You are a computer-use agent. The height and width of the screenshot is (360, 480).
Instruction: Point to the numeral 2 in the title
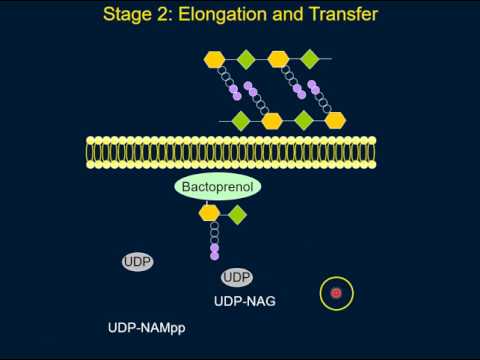[x=170, y=15]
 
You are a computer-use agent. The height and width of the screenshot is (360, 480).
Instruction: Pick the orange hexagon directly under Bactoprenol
[x=209, y=213]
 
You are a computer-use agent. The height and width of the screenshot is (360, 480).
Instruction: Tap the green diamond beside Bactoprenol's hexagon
[x=237, y=213]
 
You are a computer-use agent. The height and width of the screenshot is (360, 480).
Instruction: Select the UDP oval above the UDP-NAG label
[x=237, y=277]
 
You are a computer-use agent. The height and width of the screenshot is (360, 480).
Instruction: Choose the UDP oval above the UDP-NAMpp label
[x=138, y=262]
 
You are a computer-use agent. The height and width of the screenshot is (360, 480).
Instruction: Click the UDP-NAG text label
[x=245, y=300]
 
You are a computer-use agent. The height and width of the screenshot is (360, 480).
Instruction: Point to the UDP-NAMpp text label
[x=147, y=328]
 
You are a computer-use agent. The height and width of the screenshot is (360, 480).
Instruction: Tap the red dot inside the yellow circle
[x=336, y=293]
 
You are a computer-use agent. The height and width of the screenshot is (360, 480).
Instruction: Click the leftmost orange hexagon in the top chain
[x=215, y=59]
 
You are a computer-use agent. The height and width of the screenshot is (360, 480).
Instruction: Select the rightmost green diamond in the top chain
[x=310, y=59]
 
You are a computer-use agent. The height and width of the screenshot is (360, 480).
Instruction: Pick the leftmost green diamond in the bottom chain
[x=241, y=121]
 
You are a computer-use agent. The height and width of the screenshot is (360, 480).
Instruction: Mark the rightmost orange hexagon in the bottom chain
[x=335, y=121]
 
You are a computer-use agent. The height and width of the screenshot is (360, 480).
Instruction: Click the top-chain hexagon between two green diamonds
[x=278, y=59]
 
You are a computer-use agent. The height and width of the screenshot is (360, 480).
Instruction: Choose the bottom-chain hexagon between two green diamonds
[x=272, y=121]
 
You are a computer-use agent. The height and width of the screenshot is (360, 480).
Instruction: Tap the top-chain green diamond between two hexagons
[x=246, y=59]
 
